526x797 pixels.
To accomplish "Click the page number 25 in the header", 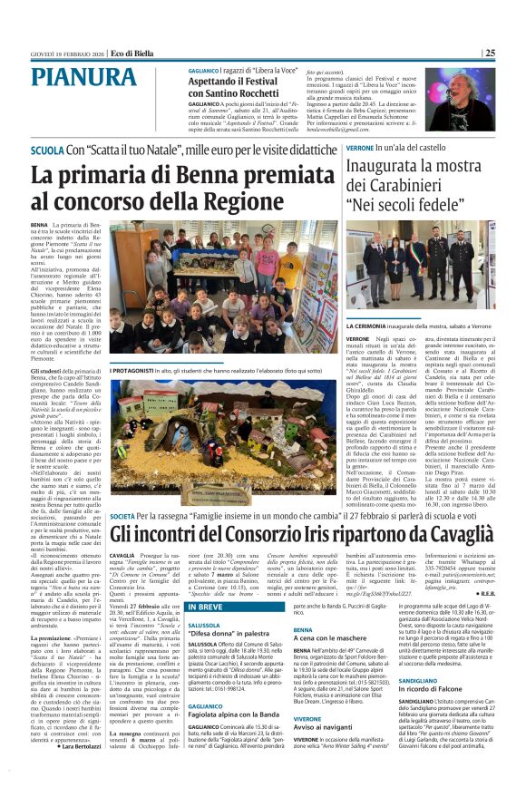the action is click(490, 53).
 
